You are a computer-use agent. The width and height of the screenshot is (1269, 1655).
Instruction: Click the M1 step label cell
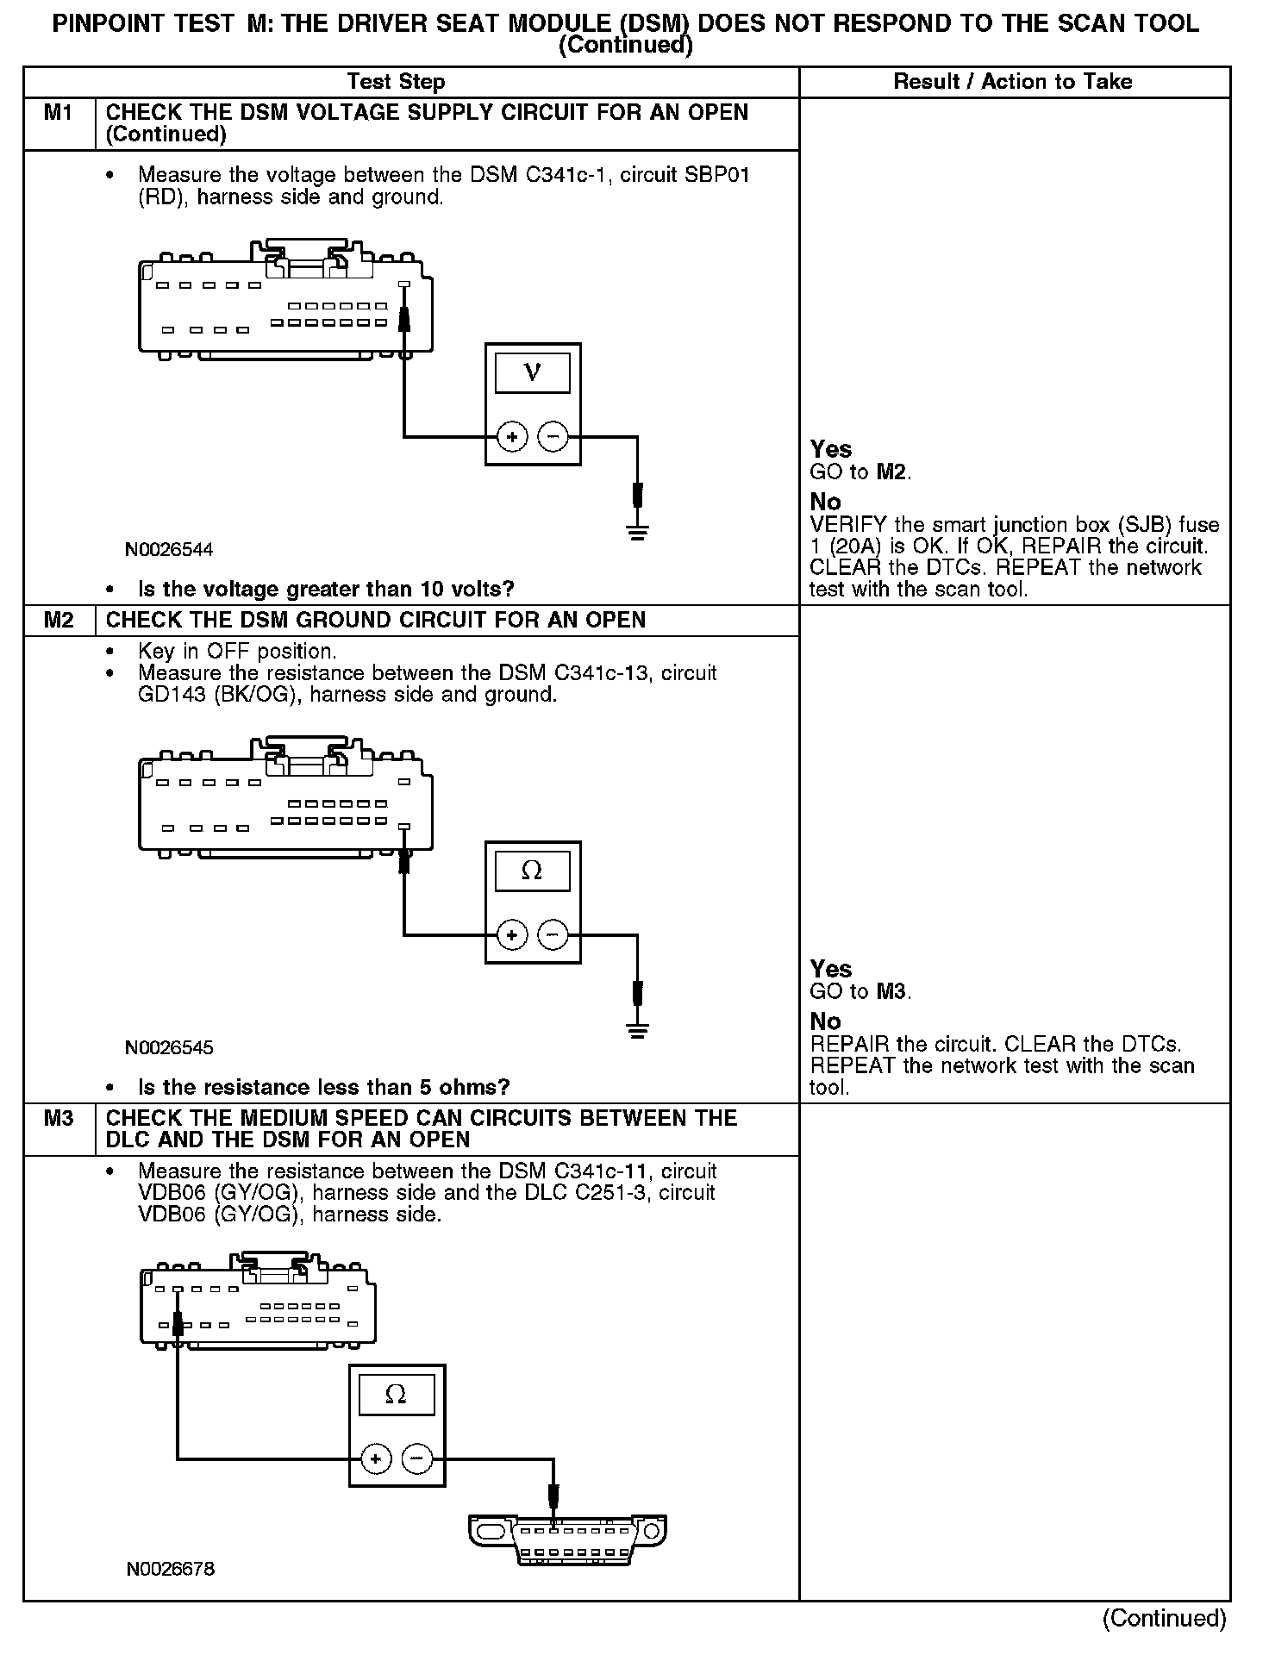(59, 113)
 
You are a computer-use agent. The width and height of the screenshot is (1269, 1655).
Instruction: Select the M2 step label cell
(59, 621)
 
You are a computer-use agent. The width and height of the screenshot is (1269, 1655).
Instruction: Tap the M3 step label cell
(59, 1119)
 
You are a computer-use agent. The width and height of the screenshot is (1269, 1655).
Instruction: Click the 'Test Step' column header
(396, 82)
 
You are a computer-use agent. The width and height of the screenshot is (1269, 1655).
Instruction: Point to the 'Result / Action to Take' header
(1013, 82)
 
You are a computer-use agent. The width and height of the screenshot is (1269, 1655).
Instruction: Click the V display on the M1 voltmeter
(532, 373)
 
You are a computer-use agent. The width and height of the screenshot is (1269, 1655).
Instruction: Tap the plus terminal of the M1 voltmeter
(512, 437)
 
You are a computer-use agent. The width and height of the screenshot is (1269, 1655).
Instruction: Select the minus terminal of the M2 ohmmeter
(553, 934)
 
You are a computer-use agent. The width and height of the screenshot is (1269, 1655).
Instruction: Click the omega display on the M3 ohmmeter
(396, 1395)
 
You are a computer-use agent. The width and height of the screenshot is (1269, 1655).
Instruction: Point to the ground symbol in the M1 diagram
(637, 531)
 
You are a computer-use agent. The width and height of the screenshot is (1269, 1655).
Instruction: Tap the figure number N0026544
(169, 550)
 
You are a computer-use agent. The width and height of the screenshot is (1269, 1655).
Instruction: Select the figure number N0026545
(169, 1048)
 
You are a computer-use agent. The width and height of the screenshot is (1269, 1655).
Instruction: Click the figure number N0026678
(171, 1569)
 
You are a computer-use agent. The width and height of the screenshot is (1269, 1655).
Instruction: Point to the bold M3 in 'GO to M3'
(891, 992)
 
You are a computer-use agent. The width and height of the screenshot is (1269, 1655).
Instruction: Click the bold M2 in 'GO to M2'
(891, 472)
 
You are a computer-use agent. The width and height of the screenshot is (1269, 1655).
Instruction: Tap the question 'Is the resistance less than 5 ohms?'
(324, 1087)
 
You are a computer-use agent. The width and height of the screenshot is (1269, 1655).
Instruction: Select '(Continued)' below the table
(1164, 1619)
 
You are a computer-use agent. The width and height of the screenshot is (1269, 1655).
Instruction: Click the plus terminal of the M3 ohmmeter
(376, 1459)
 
